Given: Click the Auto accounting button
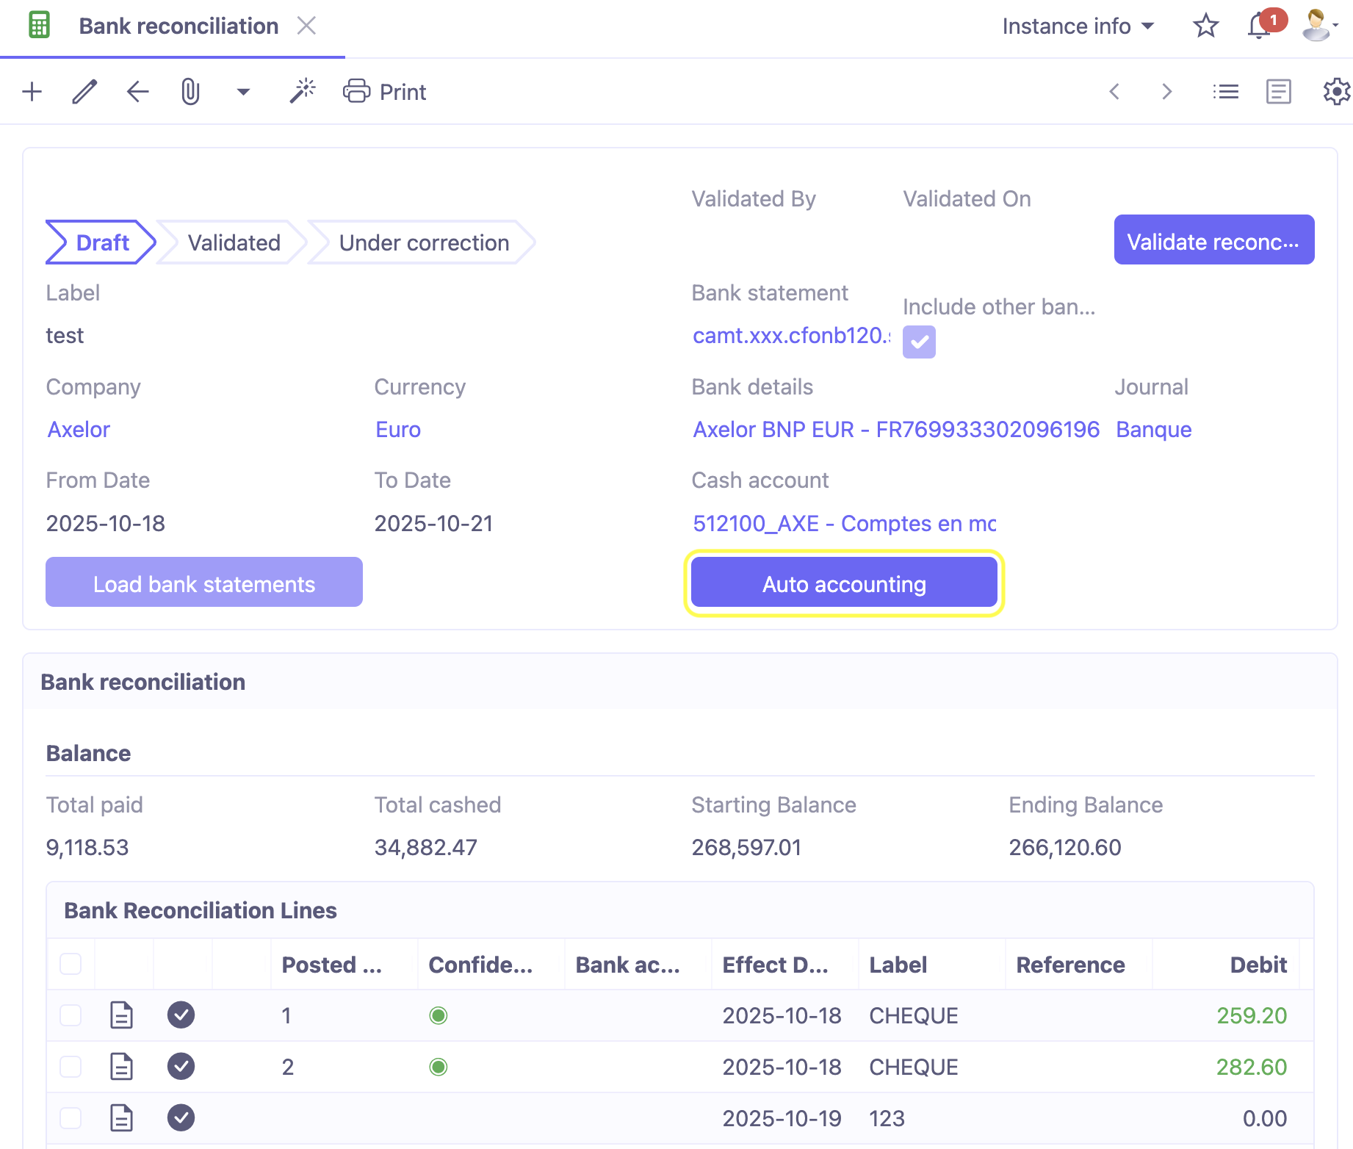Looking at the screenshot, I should tap(844, 583).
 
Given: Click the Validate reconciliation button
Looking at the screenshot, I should tap(1213, 240).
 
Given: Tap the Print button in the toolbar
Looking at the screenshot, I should tap(385, 92).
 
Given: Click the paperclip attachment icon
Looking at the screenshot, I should tap(190, 92).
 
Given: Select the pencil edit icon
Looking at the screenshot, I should tap(84, 92).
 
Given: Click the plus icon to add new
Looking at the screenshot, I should tap(32, 92).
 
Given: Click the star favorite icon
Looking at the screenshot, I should tap(1205, 26).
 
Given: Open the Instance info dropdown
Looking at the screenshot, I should tap(1078, 26).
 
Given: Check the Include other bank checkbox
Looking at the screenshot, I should tap(919, 342).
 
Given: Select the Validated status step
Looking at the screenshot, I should tap(234, 242).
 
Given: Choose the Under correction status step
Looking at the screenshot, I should tap(424, 242).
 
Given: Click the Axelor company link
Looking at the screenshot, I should tap(79, 429).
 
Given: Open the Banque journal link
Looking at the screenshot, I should tap(1153, 429).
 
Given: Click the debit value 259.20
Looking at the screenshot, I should tap(1251, 1015).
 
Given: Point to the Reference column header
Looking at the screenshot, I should tap(1070, 965).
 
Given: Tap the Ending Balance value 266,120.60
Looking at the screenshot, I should tap(1064, 847).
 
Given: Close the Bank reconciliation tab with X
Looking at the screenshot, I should tap(306, 26).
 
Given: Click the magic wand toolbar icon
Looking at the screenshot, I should tap(302, 92).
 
